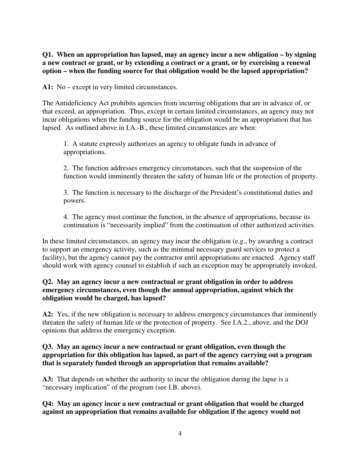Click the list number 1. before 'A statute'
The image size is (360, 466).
66,144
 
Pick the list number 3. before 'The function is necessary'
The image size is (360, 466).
66,193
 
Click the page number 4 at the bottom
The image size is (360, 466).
180,434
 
